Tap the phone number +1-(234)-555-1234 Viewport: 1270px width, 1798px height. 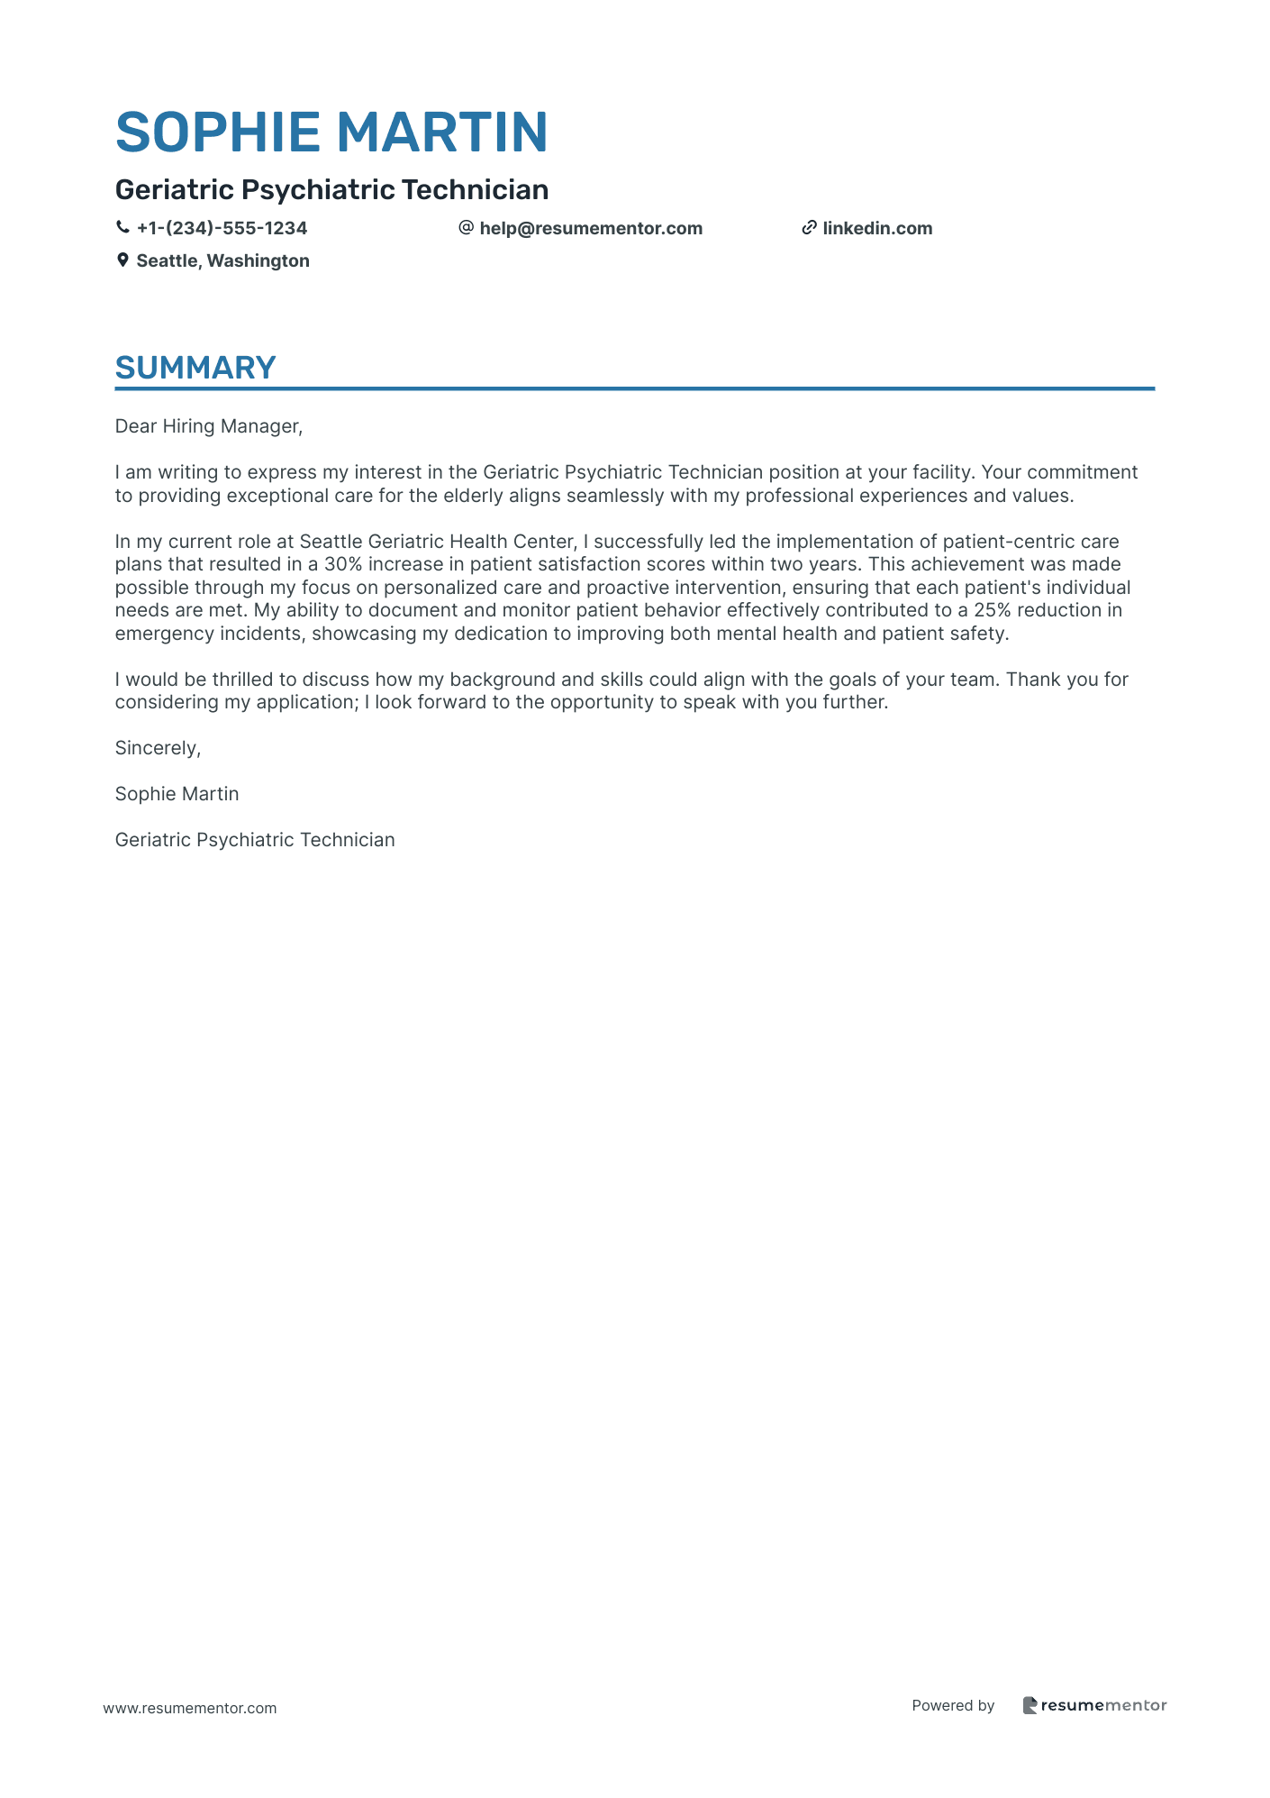click(222, 228)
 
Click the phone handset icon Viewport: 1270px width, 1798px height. click(122, 228)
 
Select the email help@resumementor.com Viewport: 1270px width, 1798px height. click(591, 228)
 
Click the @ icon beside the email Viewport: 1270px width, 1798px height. click(466, 228)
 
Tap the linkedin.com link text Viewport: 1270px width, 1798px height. click(877, 228)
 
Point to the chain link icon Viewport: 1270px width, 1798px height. click(809, 228)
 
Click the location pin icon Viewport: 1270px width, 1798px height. click(122, 260)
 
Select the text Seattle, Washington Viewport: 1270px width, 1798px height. click(222, 260)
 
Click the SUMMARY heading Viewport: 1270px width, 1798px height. click(195, 368)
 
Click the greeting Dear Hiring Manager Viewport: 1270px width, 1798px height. click(208, 426)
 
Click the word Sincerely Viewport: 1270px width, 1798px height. click(158, 748)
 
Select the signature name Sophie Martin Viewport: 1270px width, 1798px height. click(177, 794)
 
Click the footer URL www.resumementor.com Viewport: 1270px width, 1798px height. click(190, 1708)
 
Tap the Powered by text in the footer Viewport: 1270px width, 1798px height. click(953, 1705)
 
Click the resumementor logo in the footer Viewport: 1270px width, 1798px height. click(1094, 1705)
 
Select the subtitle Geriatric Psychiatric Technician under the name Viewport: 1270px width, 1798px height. click(331, 189)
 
